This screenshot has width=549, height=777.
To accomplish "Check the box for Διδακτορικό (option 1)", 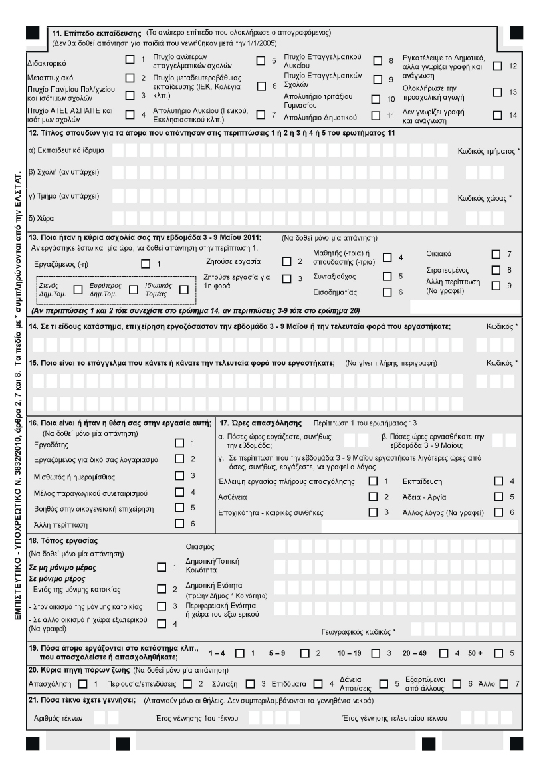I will (130, 60).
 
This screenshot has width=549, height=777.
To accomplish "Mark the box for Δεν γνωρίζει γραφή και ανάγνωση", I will (497, 115).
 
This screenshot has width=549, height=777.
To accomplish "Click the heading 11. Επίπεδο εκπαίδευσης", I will (97, 32).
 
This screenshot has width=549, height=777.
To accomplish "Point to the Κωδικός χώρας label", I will (489, 197).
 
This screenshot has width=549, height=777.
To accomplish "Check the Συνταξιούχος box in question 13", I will (387, 275).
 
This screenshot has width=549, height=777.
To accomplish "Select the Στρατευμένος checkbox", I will (495, 270).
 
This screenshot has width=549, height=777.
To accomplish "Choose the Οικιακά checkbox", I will (495, 253).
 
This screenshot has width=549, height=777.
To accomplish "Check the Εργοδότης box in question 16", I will (178, 443).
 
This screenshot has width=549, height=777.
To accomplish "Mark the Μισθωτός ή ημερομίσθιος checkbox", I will (178, 475).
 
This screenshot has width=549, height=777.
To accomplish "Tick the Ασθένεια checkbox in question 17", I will (373, 497).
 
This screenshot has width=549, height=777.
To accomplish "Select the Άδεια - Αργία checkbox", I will (498, 497).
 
